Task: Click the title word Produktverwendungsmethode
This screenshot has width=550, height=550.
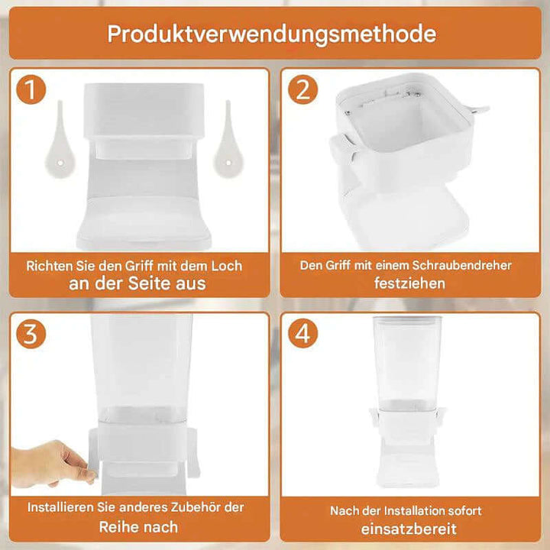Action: click(x=271, y=34)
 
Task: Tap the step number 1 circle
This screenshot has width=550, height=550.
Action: click(x=30, y=91)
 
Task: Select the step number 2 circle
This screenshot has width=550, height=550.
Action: click(x=302, y=91)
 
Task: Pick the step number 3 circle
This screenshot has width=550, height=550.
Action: click(x=30, y=335)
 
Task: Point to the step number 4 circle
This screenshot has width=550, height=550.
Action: click(x=302, y=335)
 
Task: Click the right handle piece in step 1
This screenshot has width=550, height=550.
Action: click(x=226, y=137)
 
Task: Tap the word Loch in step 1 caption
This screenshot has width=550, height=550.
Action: click(x=225, y=266)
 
